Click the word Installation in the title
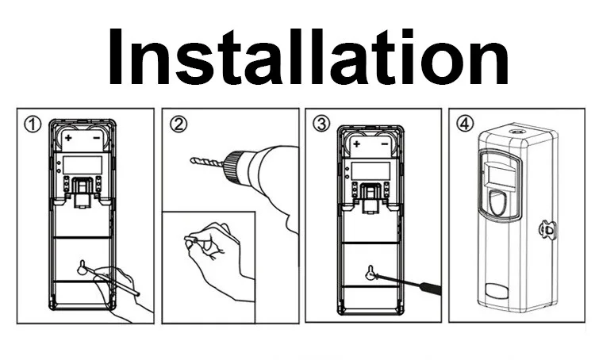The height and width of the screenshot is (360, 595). (308, 57)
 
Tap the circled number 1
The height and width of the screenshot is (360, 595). (33, 124)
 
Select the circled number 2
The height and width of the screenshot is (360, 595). (178, 124)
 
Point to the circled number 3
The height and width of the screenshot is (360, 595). (321, 124)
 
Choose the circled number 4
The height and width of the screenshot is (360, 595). (465, 124)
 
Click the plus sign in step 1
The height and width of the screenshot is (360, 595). (68, 138)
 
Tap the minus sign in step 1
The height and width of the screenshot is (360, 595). (96, 138)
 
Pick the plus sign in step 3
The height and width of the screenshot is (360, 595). (356, 144)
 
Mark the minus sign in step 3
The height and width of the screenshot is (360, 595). (385, 144)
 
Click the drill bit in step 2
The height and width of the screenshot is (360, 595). (207, 162)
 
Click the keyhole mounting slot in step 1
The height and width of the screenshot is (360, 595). (82, 268)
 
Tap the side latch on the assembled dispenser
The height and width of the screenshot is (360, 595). (547, 230)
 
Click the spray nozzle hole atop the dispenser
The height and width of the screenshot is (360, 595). (517, 132)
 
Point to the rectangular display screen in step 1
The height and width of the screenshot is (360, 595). (83, 166)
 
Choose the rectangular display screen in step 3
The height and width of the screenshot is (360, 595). (370, 171)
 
